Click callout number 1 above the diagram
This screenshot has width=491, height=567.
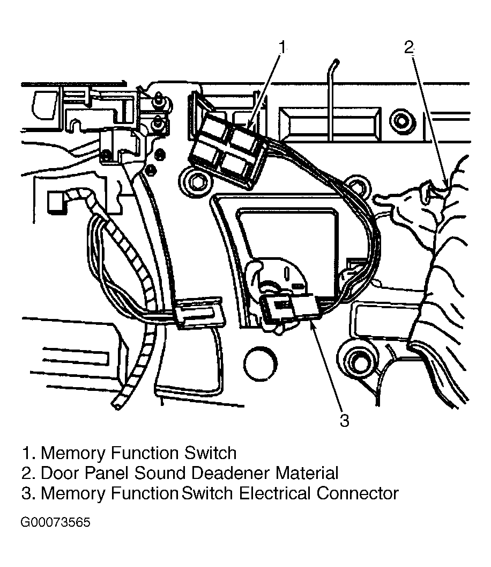coord(282,47)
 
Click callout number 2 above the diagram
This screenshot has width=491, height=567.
coord(408,47)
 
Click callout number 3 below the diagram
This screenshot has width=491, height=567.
coord(345,420)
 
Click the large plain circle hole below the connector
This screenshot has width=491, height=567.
coord(261,364)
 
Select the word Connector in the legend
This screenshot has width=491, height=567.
coord(358,493)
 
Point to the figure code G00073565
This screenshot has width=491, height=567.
coord(55,522)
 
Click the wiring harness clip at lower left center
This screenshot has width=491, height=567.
coord(198,313)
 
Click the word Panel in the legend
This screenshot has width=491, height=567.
coord(107,473)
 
